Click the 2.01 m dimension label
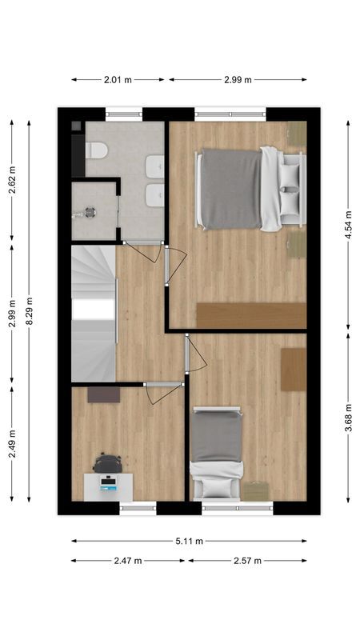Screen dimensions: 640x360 click(x=118, y=79)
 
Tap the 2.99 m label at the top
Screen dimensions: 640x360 click(x=237, y=79)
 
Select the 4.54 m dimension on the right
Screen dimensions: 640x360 click(x=349, y=224)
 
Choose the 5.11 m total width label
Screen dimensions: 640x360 click(x=189, y=541)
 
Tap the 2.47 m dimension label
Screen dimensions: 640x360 click(x=128, y=561)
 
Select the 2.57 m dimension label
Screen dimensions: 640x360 click(x=247, y=561)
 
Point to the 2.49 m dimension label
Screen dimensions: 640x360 click(x=11, y=442)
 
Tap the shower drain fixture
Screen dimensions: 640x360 click(x=87, y=213)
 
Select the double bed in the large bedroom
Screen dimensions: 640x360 click(x=240, y=190)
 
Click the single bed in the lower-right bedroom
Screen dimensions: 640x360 click(x=216, y=452)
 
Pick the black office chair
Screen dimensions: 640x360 click(x=107, y=463)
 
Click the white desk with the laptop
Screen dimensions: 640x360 click(x=109, y=485)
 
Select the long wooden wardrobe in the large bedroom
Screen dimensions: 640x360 click(x=251, y=315)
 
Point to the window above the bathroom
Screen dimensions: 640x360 click(x=124, y=114)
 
